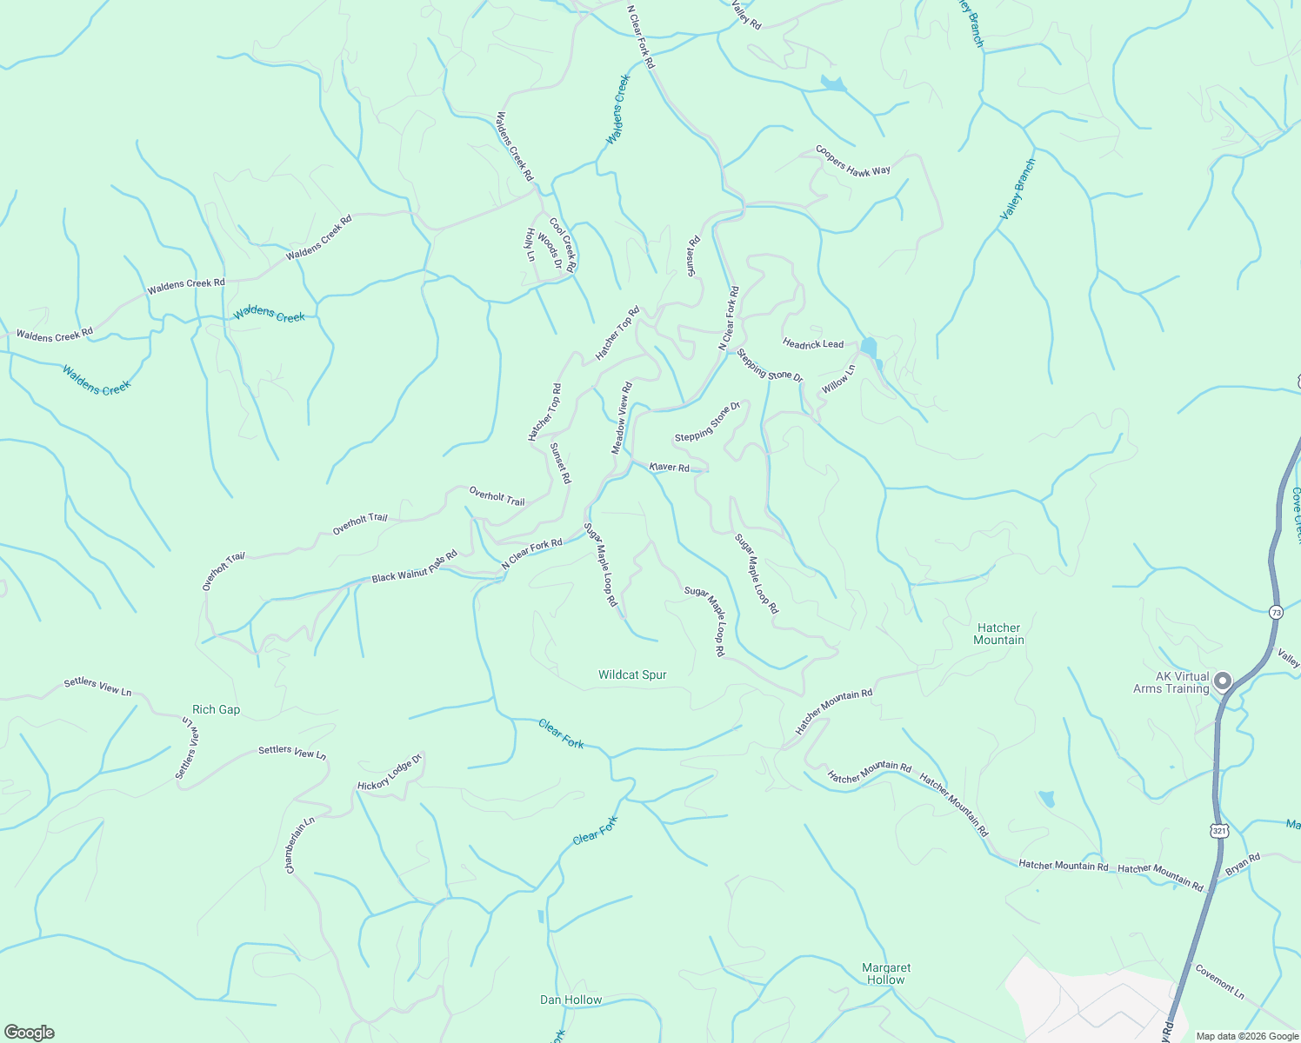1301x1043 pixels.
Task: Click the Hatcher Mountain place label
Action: (x=998, y=634)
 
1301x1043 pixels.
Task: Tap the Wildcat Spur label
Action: (x=632, y=674)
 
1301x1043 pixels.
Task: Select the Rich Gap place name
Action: (x=216, y=709)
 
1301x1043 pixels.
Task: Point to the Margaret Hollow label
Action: (x=886, y=973)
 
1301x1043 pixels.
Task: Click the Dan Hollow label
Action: (x=570, y=1000)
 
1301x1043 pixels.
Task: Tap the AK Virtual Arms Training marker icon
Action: (x=1224, y=681)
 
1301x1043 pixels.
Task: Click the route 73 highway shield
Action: (x=1276, y=611)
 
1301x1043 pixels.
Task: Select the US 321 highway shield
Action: (x=1219, y=831)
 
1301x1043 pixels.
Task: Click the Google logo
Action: (x=29, y=1033)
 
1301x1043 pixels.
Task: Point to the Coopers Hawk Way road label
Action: (x=853, y=160)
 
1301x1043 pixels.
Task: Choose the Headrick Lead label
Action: (x=813, y=344)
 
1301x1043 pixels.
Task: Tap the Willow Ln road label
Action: (x=838, y=379)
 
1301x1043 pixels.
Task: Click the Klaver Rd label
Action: (x=670, y=468)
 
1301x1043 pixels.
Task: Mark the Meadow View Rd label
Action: (x=621, y=417)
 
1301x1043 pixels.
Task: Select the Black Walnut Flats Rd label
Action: (x=414, y=567)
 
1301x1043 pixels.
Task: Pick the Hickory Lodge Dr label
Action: (x=390, y=773)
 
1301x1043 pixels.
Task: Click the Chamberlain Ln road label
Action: (x=299, y=845)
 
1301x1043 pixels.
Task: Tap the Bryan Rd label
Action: (x=1243, y=864)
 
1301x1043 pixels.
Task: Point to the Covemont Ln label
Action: (x=1219, y=981)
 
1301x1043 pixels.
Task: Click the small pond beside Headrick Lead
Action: (x=869, y=348)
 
